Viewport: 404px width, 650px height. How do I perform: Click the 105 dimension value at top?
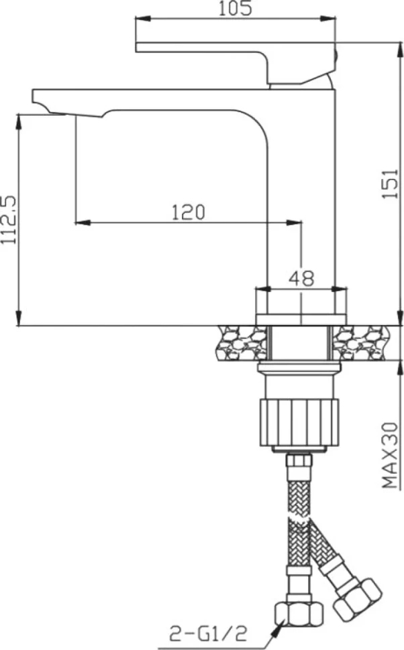pos(235,8)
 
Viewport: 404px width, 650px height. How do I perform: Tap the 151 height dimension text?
pos(391,183)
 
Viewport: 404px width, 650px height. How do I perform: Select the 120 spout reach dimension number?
pos(189,212)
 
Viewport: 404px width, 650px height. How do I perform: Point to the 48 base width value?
pos(302,278)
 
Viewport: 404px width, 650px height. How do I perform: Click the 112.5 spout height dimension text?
pos(9,219)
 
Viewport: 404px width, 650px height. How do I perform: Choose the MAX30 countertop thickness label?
pos(391,455)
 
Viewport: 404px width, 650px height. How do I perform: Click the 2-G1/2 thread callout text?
pos(208,633)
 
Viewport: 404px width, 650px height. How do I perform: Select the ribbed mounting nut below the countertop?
pos(299,422)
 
